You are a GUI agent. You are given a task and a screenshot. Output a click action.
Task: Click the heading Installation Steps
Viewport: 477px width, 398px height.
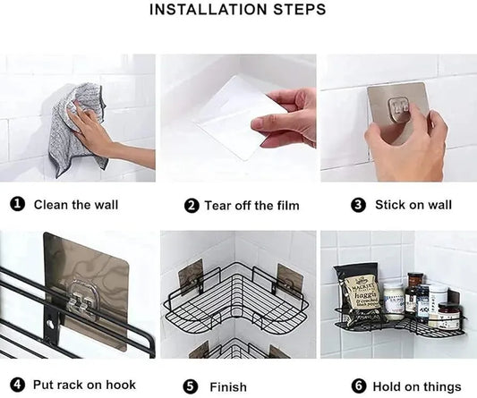tap(237, 11)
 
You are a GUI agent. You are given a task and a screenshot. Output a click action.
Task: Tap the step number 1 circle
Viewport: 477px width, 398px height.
tap(17, 205)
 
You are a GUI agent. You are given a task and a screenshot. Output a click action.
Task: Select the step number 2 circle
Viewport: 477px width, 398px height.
tap(192, 206)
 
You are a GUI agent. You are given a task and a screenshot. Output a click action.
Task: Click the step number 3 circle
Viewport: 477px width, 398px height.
tap(359, 205)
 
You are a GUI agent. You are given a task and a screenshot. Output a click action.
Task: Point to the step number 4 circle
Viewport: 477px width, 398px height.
tap(17, 385)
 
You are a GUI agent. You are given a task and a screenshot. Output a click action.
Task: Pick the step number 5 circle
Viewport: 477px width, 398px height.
tap(190, 386)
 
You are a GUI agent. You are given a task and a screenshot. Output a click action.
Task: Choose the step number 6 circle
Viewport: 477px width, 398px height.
tap(357, 386)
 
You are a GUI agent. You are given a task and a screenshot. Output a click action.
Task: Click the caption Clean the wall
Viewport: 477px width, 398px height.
tap(76, 205)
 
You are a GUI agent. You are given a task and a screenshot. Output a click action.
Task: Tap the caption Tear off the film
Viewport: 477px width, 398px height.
tap(251, 206)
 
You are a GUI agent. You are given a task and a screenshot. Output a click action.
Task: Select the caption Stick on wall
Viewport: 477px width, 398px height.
tap(413, 205)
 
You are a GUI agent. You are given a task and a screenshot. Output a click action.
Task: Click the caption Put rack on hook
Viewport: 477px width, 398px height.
tap(84, 385)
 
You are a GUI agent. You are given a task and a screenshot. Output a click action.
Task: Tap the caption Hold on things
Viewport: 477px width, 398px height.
tap(418, 386)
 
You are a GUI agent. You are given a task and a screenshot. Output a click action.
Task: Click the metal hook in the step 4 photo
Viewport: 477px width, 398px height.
tap(81, 305)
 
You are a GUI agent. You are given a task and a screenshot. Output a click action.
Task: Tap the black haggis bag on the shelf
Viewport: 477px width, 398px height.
tap(362, 294)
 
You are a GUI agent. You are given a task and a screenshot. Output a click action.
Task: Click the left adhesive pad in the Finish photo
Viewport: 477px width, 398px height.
tap(191, 277)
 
